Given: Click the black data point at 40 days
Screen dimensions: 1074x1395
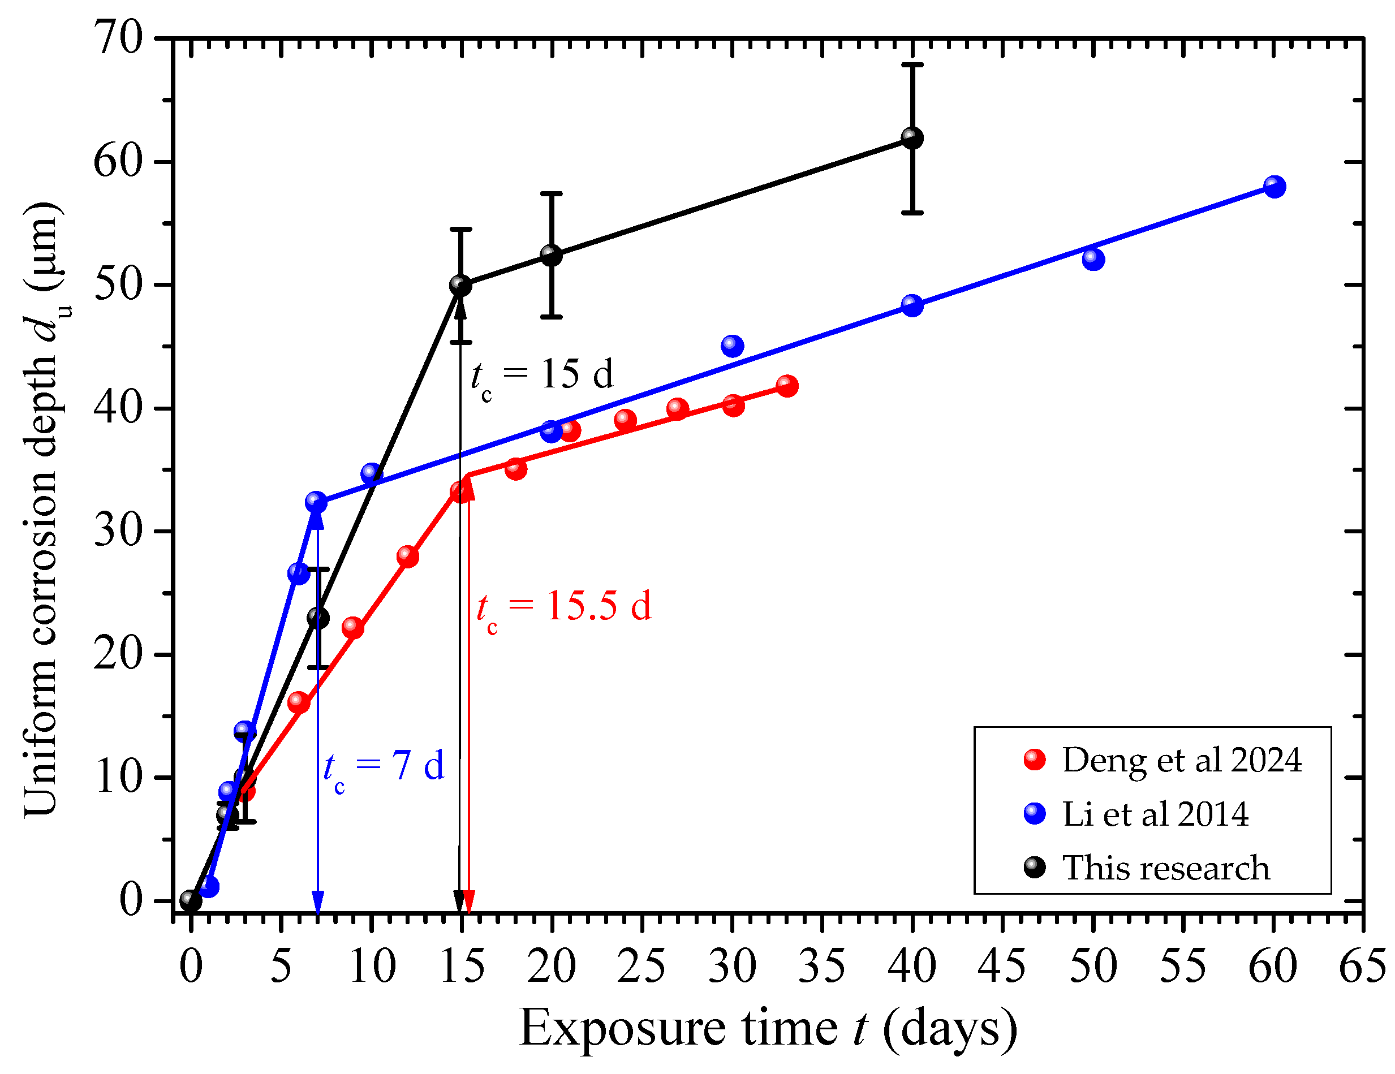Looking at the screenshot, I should (912, 138).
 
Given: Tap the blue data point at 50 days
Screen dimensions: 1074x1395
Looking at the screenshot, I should (1093, 259).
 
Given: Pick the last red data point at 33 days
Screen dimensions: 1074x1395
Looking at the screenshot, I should (787, 386).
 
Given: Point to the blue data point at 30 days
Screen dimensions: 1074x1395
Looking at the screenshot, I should (733, 346).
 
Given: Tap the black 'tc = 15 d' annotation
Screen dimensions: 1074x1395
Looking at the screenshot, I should (541, 376).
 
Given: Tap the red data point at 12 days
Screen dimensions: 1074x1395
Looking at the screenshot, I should (407, 557).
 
